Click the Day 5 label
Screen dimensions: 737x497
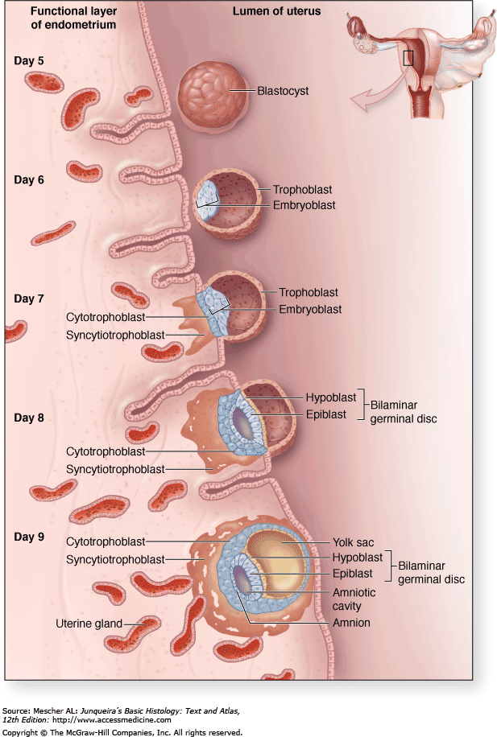[29, 60]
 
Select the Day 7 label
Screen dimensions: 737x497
[29, 299]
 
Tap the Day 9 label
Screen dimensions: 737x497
[29, 537]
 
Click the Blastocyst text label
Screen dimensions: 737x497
[283, 91]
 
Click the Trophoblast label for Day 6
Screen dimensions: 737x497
[302, 190]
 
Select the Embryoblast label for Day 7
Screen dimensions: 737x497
[310, 309]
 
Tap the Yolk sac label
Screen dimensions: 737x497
[354, 542]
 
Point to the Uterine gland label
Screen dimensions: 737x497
[89, 623]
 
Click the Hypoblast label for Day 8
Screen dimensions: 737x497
[332, 397]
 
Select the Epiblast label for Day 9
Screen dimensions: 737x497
[353, 574]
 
